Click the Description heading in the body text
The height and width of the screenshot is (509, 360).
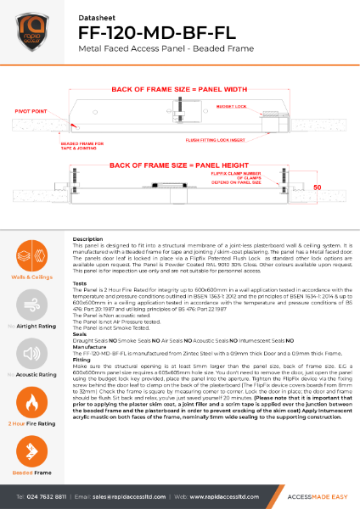point(88,240)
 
